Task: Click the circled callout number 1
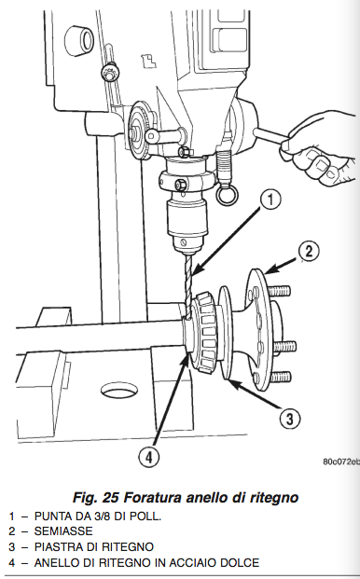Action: coord(270,200)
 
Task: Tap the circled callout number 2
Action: coord(309,251)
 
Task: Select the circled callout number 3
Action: coord(290,419)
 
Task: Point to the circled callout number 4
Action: coord(149,457)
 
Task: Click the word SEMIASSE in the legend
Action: coord(63,531)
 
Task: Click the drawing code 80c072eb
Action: coord(340,462)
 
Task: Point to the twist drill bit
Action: coord(188,287)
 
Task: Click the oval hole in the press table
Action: coord(118,391)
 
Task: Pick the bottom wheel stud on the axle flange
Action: coord(280,377)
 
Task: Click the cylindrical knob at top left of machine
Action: coord(79,39)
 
